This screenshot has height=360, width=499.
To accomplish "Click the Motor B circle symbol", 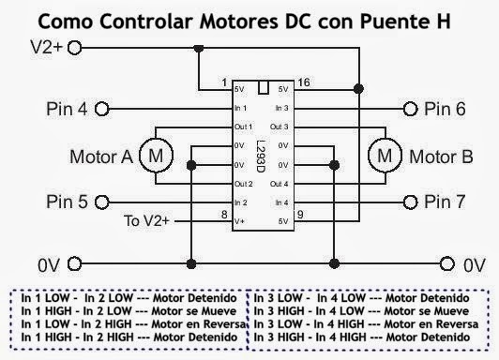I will click(x=383, y=156).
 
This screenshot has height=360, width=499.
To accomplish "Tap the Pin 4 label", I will click(x=68, y=109).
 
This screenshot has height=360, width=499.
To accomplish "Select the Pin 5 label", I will click(x=68, y=202).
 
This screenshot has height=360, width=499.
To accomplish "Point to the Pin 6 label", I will click(x=444, y=109).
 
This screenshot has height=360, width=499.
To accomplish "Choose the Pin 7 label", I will click(x=444, y=202).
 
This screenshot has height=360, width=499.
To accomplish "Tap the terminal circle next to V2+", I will click(x=75, y=46).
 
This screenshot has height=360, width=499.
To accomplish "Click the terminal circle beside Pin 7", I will click(x=409, y=202).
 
